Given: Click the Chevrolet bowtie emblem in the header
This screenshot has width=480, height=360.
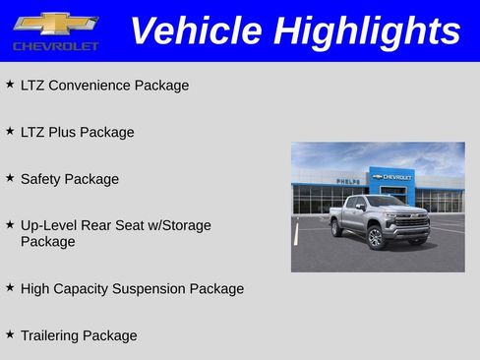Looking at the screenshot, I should click(56, 23).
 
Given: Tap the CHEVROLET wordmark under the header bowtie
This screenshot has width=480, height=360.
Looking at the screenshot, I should click(56, 46).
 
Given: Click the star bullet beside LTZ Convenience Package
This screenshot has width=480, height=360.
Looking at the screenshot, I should click(10, 85).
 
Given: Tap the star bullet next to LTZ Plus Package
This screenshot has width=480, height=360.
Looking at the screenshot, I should click(10, 131).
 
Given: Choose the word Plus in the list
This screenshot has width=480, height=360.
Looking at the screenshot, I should click(65, 132).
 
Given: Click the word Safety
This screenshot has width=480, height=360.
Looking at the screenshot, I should click(42, 179).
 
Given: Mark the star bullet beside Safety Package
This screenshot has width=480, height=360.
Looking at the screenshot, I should click(10, 178).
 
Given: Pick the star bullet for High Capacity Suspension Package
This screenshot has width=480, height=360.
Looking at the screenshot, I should click(10, 288).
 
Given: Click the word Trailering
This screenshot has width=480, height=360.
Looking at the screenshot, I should click(49, 335).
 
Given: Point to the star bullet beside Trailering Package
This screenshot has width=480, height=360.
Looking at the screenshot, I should click(10, 334).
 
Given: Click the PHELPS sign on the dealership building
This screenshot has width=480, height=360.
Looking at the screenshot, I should click(347, 181).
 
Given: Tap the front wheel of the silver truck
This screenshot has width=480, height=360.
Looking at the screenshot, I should click(375, 237).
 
